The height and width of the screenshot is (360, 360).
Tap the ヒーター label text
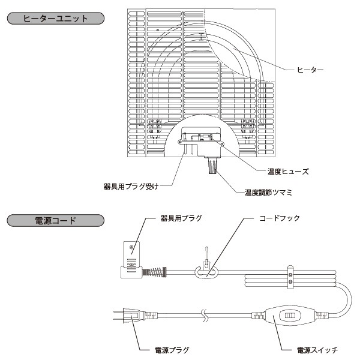click(311, 71)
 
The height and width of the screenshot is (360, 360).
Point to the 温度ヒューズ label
click(289, 171)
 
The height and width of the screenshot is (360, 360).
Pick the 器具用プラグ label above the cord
click(182, 218)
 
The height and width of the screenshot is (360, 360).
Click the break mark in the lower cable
click(205, 314)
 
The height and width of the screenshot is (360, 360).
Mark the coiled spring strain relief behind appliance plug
click(158, 271)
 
